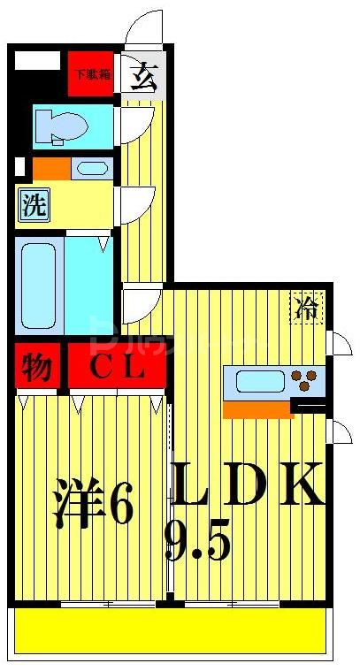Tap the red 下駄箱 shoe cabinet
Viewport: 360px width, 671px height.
92,74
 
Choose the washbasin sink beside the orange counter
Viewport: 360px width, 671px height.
90,167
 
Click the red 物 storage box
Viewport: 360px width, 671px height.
36,367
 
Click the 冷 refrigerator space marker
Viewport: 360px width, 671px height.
307,309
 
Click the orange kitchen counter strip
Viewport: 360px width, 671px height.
258,409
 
